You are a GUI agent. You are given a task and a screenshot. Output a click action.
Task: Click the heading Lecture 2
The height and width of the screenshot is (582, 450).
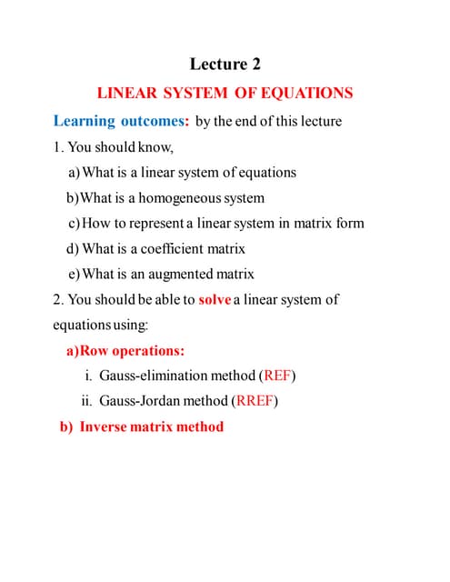pyautogui.click(x=225, y=64)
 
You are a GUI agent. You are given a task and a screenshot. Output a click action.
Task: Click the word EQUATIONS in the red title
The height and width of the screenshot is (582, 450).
pyautogui.click(x=306, y=93)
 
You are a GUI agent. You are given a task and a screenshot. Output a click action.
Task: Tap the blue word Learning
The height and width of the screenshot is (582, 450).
pyautogui.click(x=85, y=120)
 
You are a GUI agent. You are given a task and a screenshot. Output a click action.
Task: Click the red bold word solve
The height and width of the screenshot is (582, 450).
pyautogui.click(x=214, y=299)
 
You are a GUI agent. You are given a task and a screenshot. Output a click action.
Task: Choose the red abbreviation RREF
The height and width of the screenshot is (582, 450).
pyautogui.click(x=255, y=401)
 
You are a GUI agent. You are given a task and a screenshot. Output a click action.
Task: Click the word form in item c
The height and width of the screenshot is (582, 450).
pyautogui.click(x=348, y=223)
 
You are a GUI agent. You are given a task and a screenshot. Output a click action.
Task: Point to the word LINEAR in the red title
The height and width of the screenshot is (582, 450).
pyautogui.click(x=127, y=93)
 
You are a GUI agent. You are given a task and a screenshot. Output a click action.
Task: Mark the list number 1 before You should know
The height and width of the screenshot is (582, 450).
pyautogui.click(x=57, y=146)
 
